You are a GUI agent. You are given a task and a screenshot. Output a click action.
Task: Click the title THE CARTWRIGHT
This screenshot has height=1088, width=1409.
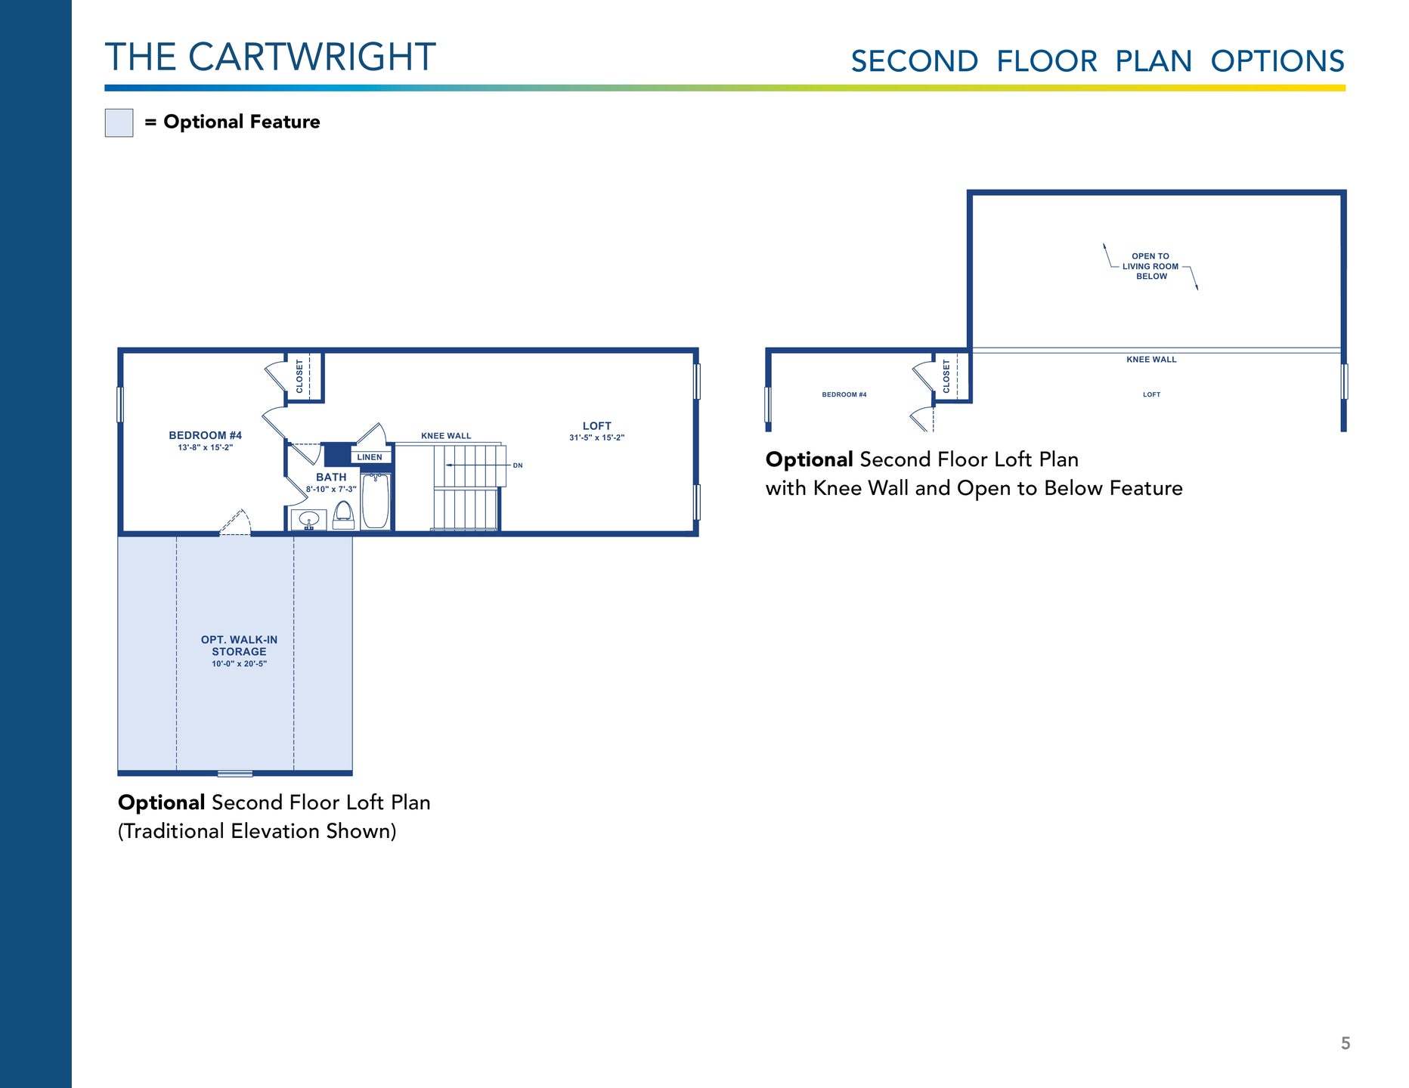click(x=270, y=57)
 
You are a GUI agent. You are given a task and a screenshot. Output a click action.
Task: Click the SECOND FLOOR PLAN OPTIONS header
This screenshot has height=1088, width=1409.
click(x=1098, y=61)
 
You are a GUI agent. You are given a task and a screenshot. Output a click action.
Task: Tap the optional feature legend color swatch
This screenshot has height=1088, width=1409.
click(x=119, y=122)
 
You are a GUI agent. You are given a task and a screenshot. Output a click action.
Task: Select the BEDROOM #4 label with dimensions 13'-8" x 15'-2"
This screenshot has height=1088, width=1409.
click(x=206, y=441)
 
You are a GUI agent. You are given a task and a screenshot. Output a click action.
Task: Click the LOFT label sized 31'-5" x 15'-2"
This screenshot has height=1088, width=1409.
click(x=597, y=431)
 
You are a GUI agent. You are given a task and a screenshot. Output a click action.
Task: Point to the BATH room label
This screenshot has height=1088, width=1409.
click(x=331, y=478)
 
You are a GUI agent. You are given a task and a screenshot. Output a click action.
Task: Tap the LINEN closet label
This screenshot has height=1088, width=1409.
click(x=370, y=457)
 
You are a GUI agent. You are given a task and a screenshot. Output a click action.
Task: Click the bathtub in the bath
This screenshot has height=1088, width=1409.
click(x=376, y=500)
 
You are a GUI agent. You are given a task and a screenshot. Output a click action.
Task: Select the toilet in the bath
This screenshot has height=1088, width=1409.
click(x=344, y=514)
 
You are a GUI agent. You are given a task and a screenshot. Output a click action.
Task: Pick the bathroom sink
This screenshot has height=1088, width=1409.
click(x=309, y=520)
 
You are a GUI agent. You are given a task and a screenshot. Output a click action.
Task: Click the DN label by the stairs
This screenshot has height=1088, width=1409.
click(x=518, y=465)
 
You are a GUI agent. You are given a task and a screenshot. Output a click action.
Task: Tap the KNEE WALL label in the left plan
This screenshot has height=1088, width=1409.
click(x=446, y=436)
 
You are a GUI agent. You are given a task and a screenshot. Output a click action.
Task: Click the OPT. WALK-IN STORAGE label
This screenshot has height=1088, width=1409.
click(x=239, y=646)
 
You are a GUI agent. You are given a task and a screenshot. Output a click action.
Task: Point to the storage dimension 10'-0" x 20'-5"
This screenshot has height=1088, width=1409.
click(x=239, y=664)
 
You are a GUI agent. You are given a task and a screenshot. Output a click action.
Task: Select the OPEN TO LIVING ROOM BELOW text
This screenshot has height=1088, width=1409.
click(x=1150, y=266)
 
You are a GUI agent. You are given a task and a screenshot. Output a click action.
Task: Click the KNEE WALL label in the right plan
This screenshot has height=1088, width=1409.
click(x=1151, y=360)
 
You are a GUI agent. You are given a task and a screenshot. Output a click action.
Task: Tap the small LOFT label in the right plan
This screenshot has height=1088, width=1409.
click(x=1151, y=394)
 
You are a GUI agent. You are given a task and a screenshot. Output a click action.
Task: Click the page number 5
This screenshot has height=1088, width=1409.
click(x=1346, y=1043)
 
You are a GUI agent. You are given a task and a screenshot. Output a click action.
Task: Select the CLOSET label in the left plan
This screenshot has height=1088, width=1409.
click(x=299, y=376)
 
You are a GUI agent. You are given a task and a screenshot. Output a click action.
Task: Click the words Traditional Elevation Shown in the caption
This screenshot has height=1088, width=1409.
click(x=257, y=831)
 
